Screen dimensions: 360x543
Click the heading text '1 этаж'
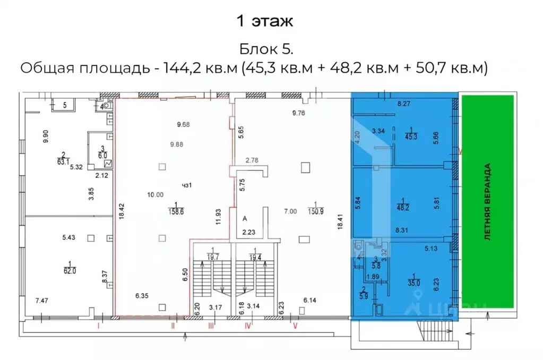(264, 22)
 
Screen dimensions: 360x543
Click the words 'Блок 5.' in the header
(266, 49)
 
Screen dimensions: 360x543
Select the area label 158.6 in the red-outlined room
(175, 210)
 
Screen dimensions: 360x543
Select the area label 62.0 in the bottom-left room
(70, 269)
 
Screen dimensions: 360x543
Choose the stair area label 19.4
(246, 256)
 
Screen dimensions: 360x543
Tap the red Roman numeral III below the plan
(211, 326)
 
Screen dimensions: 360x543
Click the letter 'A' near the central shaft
(245, 218)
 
